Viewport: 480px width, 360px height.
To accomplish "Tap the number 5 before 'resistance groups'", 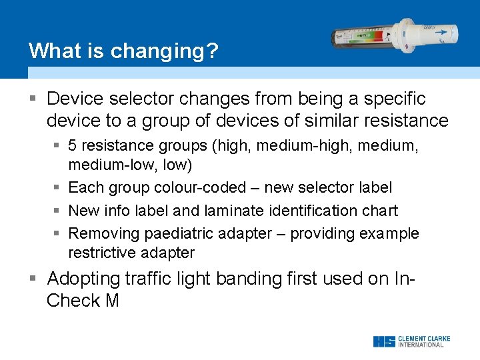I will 73,145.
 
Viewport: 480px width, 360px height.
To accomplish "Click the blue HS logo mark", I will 383,341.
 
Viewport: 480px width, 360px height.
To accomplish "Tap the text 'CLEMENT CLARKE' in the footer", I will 424,339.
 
